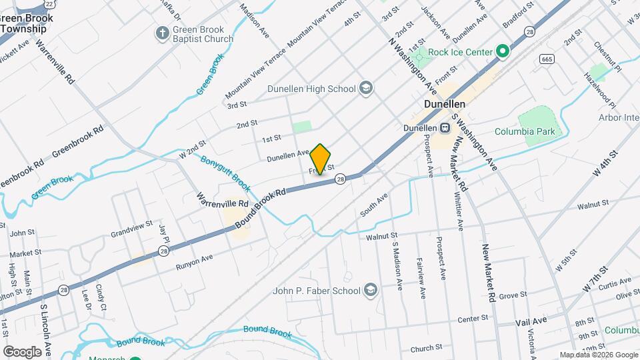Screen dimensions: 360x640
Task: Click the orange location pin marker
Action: pyautogui.click(x=321, y=159)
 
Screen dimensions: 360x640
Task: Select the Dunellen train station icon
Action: pyautogui.click(x=444, y=127)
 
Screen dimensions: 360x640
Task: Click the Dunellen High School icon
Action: pyautogui.click(x=365, y=88)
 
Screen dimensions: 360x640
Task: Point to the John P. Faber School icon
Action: pyautogui.click(x=371, y=291)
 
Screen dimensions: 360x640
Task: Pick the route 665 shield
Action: pyautogui.click(x=547, y=59)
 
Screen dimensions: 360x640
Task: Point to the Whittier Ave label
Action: pyautogui.click(x=459, y=211)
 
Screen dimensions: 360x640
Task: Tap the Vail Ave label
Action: pyautogui.click(x=531, y=321)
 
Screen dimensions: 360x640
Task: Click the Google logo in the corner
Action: pyautogui.click(x=22, y=351)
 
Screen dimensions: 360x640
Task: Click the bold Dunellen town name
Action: pyautogui.click(x=444, y=105)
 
